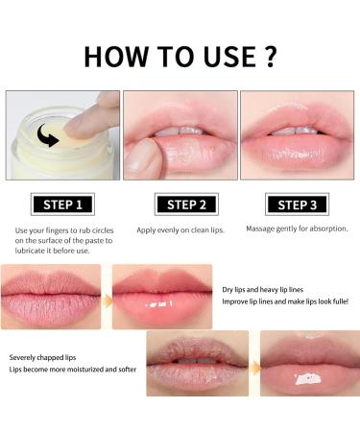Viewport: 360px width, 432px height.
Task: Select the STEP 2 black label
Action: tap(180, 204)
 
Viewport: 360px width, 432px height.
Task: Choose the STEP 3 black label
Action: tap(299, 204)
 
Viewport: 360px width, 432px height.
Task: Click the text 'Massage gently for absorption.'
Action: tap(298, 229)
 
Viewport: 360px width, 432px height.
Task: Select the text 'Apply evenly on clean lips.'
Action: tap(180, 230)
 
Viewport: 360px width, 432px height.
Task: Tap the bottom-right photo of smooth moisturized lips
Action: tap(309, 364)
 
